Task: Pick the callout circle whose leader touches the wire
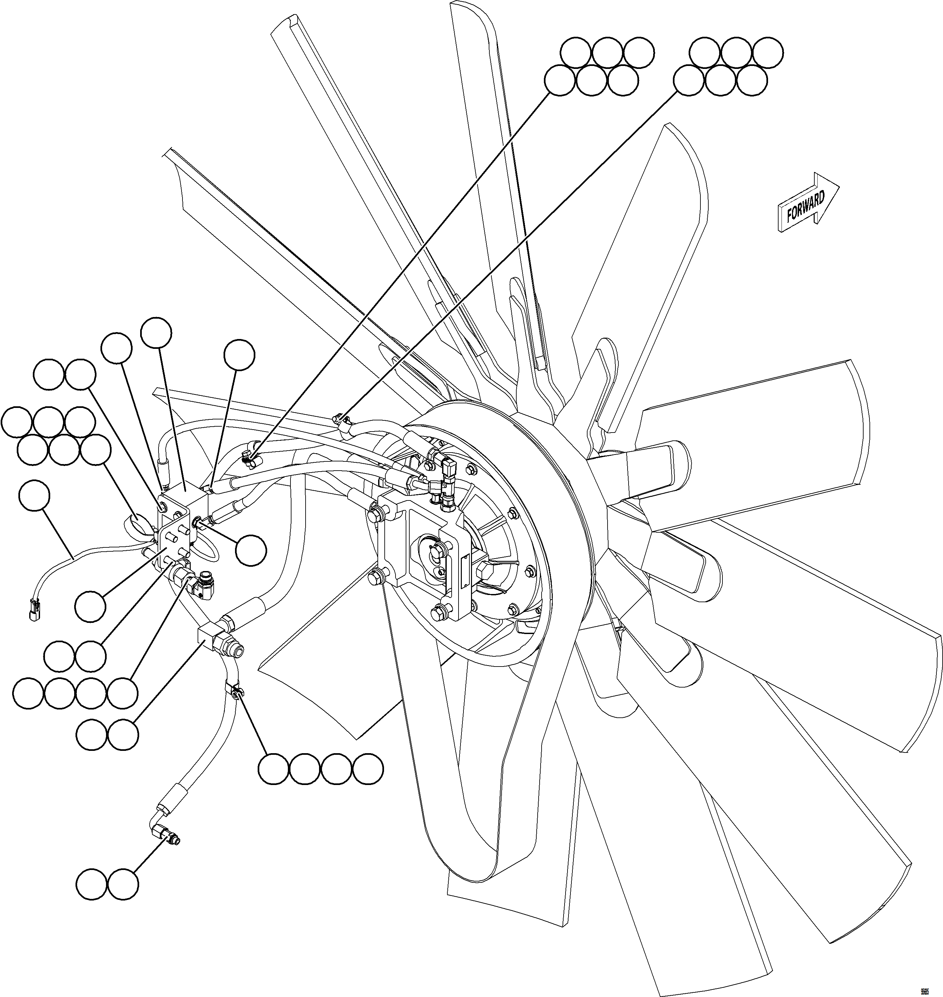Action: (x=34, y=496)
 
